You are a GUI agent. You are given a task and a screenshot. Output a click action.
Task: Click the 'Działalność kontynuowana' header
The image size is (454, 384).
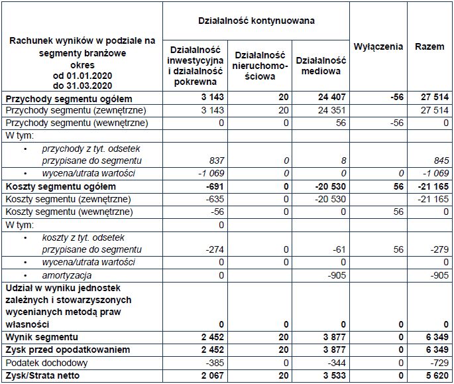click(x=256, y=21)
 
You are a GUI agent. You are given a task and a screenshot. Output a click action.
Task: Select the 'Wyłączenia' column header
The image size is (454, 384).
click(x=378, y=47)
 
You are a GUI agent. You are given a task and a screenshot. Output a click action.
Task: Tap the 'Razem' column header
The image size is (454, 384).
click(x=429, y=47)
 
